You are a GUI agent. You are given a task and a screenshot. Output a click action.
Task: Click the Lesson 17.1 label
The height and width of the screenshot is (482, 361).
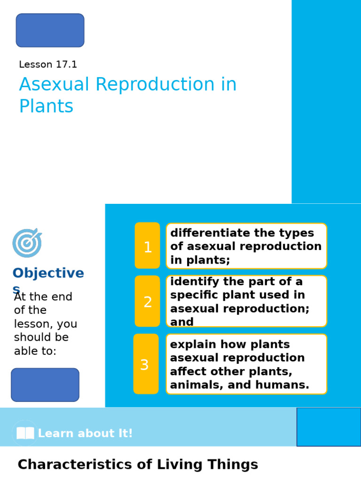48,65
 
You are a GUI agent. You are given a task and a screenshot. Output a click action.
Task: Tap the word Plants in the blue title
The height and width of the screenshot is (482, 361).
46,107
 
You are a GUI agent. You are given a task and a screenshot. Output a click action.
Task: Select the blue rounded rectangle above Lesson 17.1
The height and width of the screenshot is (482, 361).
50,31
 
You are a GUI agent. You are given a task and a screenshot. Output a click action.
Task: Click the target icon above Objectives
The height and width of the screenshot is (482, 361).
27,243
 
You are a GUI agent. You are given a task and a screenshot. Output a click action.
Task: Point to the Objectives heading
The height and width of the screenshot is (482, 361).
48,273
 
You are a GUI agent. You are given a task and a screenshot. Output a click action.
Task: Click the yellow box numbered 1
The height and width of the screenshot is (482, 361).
148,246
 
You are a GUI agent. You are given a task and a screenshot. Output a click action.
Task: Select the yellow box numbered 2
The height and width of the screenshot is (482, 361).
148,301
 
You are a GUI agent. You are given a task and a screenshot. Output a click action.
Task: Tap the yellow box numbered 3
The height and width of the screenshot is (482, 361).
146,364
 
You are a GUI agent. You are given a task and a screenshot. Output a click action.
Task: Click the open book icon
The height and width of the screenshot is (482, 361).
25,433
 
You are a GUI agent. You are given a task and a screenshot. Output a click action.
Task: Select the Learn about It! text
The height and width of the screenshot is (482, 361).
85,434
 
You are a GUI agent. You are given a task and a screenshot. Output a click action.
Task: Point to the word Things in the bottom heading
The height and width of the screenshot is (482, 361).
235,465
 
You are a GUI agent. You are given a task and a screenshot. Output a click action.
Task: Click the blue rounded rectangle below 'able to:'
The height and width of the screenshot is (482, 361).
45,385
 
